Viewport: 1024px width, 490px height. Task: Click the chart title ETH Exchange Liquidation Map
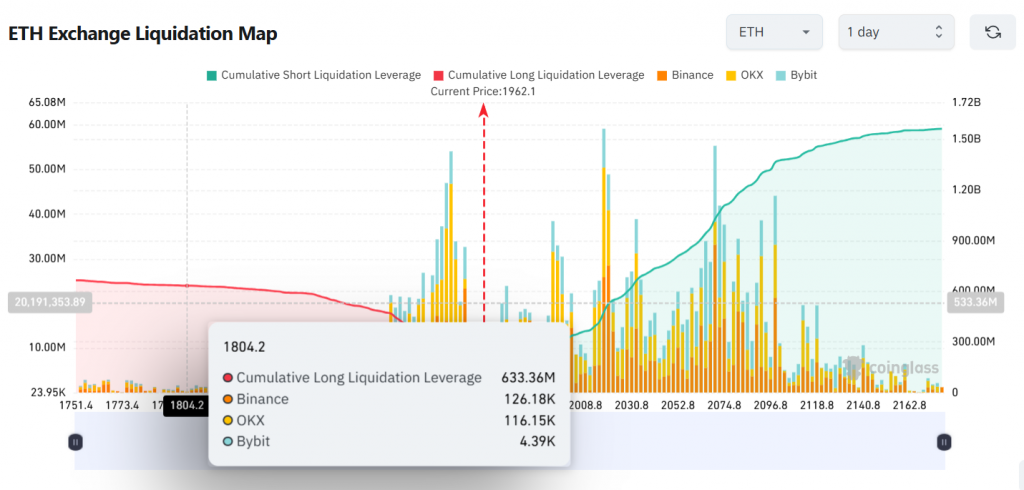tap(143, 33)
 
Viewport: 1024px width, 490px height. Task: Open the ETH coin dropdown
tap(774, 32)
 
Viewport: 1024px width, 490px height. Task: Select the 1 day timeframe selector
tap(895, 32)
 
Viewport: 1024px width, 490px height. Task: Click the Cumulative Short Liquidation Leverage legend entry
tap(313, 75)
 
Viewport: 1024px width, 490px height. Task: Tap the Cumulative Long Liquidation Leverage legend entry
tap(539, 75)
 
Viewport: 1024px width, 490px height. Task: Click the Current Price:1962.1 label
tap(483, 91)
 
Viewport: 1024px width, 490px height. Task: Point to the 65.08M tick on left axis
tap(48, 102)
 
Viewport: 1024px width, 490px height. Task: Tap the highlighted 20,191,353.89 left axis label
tap(48, 301)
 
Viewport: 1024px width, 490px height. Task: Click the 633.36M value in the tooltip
tap(529, 378)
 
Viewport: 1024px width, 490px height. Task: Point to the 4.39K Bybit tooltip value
tap(538, 441)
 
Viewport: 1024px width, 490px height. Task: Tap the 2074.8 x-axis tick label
tap(724, 405)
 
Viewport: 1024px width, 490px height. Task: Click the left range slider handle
tap(75, 441)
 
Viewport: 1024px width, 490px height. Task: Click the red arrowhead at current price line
tap(483, 111)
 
